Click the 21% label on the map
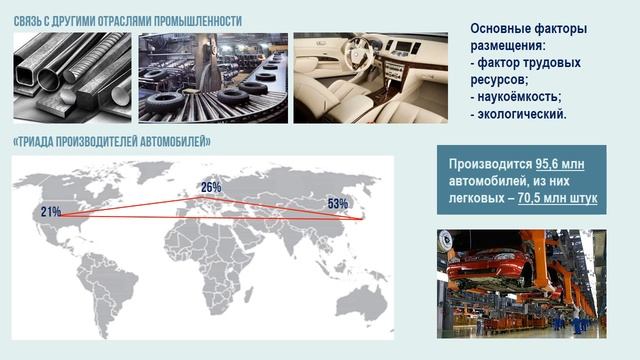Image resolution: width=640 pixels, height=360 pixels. tap(51, 212)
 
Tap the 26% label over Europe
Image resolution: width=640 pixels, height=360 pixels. tap(211, 187)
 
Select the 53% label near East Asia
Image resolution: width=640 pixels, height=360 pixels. tap(337, 205)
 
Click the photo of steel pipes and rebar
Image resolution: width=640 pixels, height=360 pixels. tap(71, 78)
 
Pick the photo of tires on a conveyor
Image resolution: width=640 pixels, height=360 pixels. tap(212, 78)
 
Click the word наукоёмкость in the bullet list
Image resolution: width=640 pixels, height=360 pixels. tap(519, 97)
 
